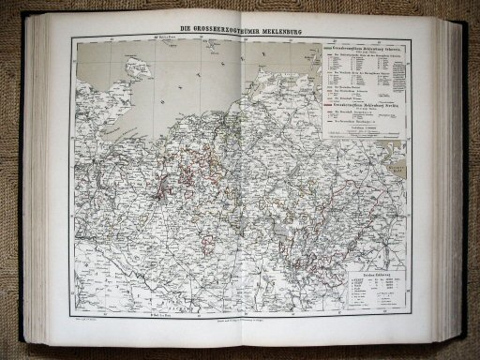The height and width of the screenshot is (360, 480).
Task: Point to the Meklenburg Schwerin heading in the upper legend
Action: click(x=370, y=47)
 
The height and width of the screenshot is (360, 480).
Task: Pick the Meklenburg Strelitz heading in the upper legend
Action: click(x=371, y=101)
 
